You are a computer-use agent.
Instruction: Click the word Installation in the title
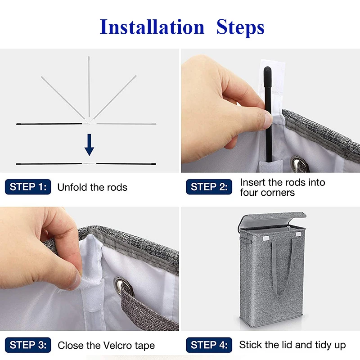click(152, 27)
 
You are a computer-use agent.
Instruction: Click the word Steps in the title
click(240, 28)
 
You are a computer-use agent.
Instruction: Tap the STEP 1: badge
click(28, 187)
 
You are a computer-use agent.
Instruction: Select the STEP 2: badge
click(209, 187)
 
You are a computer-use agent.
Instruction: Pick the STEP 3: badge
click(28, 345)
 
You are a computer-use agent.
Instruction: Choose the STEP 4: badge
click(209, 345)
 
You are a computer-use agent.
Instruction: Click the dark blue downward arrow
click(89, 144)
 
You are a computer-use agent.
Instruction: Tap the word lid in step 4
click(288, 345)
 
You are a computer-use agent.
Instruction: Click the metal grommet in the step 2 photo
click(297, 163)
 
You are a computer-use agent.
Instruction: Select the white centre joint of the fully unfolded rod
click(89, 164)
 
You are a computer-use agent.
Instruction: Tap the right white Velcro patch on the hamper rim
click(298, 234)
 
